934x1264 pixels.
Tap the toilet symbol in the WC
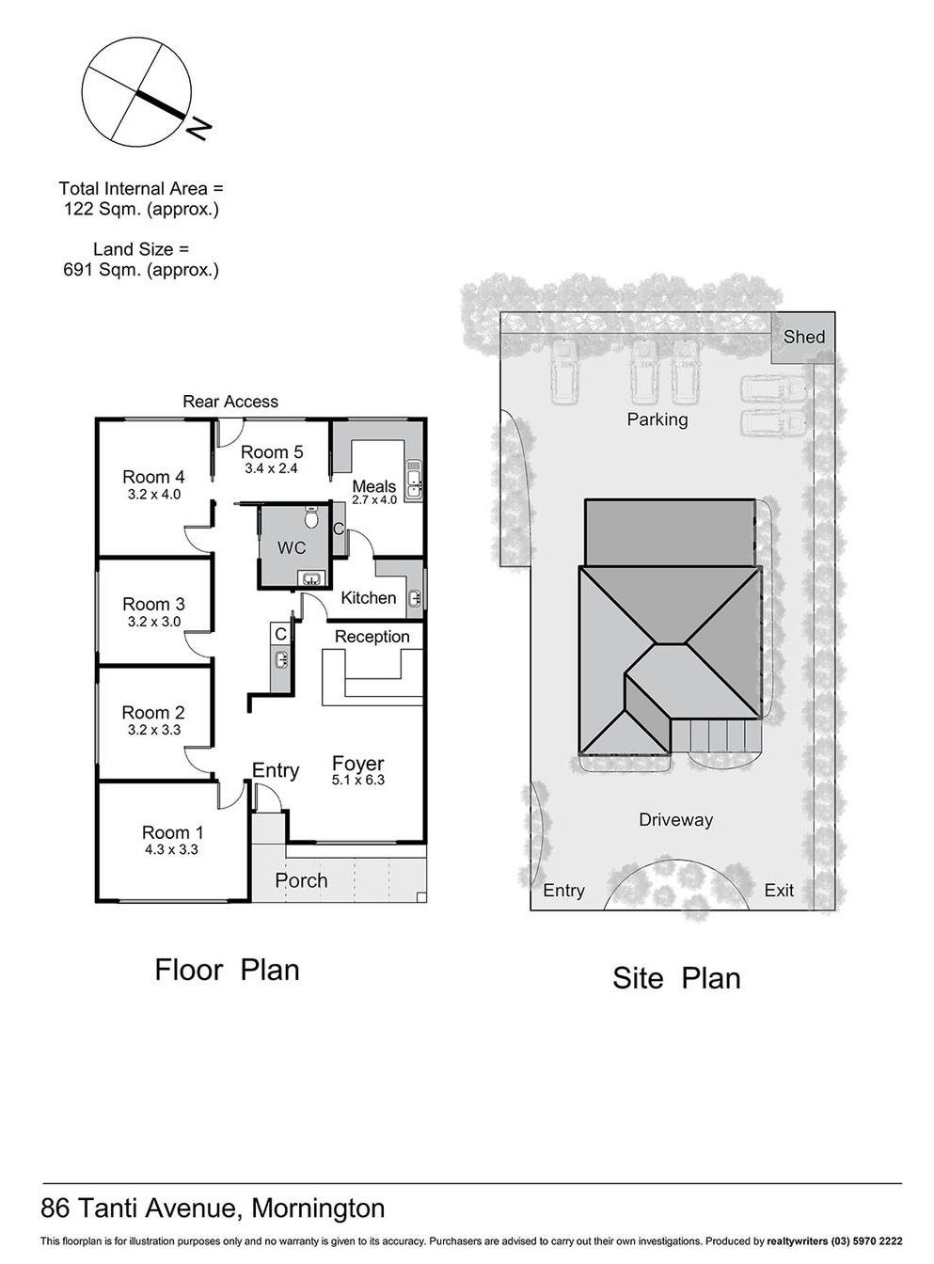[311, 516]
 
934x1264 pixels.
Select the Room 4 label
[153, 477]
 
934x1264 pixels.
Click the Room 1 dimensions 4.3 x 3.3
[171, 849]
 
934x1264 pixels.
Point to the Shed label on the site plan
[803, 337]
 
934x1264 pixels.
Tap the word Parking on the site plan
[657, 420]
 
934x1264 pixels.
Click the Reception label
[372, 637]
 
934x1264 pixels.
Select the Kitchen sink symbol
[415, 598]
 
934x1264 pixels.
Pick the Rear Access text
[230, 402]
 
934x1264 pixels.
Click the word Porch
[301, 880]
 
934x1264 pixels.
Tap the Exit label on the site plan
[779, 890]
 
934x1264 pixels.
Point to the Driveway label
[675, 819]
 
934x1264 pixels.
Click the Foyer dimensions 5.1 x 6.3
[358, 780]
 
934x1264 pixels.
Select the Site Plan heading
[676, 978]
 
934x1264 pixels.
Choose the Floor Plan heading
[227, 970]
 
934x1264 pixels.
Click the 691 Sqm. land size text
[141, 270]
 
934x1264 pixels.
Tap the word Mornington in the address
[318, 1193]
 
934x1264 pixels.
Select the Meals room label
[373, 486]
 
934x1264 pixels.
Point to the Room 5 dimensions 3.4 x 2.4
[272, 468]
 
